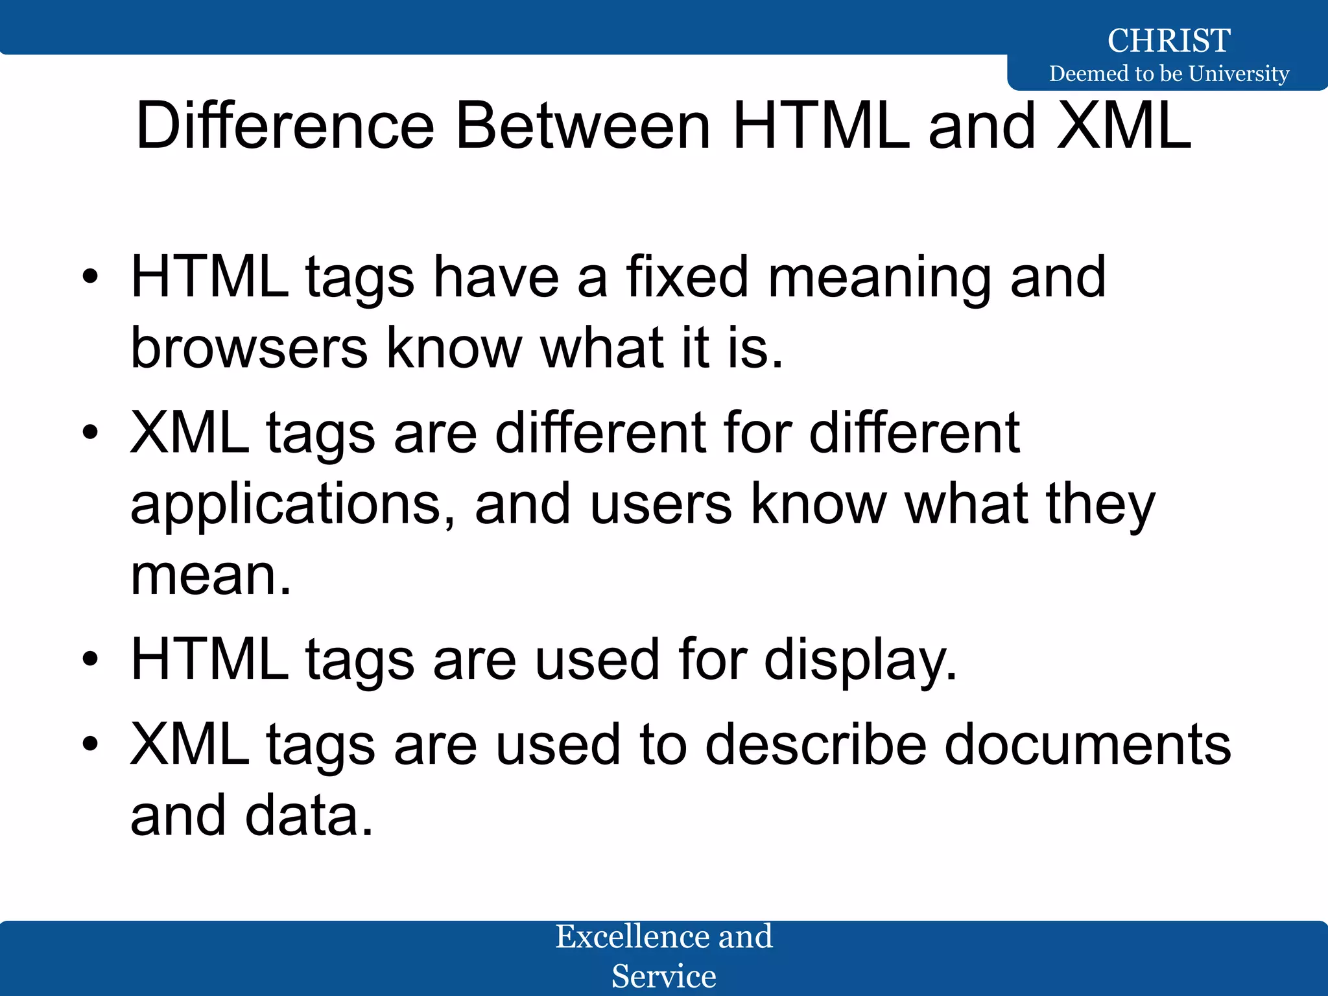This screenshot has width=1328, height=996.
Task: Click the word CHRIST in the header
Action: [1168, 40]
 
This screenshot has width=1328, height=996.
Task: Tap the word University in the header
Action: [1239, 73]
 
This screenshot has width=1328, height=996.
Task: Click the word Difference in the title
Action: [285, 126]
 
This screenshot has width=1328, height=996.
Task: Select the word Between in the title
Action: [583, 126]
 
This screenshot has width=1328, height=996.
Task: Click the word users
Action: [661, 504]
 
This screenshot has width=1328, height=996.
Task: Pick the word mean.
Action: [211, 575]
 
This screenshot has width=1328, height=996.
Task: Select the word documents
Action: [1087, 745]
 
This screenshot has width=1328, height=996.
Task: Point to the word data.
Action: [309, 816]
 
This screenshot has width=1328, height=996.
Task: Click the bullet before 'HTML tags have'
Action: [90, 278]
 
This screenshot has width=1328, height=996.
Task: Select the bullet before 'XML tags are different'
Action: [90, 434]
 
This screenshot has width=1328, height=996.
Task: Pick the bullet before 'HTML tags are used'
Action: [90, 660]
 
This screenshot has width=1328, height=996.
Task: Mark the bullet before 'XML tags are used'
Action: [90, 745]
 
